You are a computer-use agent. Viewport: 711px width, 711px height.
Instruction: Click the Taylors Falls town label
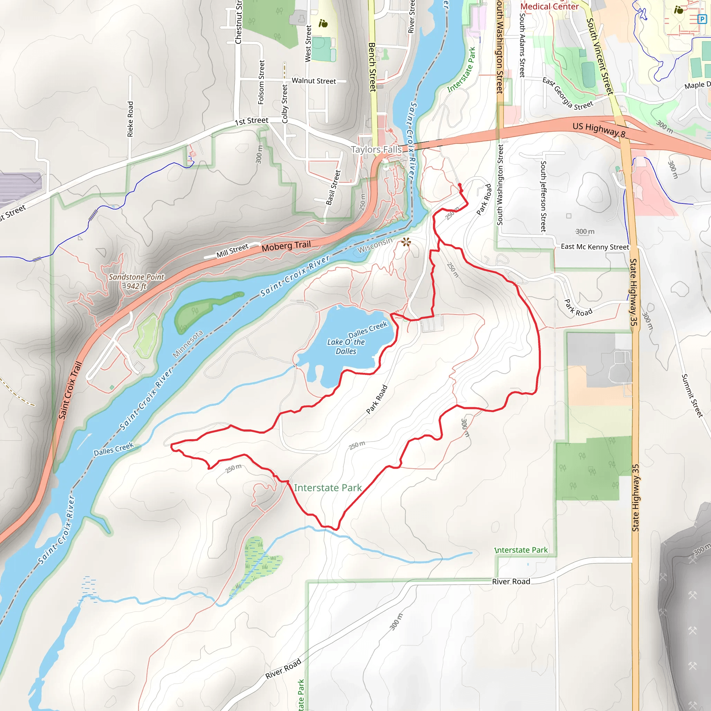point(376,149)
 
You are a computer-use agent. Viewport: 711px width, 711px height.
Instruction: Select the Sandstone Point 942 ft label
point(136,282)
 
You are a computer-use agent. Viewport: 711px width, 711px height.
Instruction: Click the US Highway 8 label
point(599,129)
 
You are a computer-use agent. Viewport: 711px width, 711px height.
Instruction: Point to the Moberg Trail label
point(286,246)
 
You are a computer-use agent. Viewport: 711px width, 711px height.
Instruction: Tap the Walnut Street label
point(313,81)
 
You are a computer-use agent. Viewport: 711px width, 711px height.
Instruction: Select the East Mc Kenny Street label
point(594,246)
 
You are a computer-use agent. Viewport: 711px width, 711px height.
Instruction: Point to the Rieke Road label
point(130,119)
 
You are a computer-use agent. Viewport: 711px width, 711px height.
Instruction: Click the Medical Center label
point(549,6)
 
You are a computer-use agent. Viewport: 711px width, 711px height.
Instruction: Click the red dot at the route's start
point(459,185)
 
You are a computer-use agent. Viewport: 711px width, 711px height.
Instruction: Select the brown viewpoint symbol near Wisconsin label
point(406,242)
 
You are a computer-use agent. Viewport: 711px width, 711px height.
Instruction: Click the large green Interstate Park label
point(327,488)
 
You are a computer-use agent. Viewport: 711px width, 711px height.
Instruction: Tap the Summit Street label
point(692,396)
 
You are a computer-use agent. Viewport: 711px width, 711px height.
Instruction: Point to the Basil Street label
point(333,187)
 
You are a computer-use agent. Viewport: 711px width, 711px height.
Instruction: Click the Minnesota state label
point(187,344)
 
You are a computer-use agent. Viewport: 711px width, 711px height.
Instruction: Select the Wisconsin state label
point(375,245)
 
